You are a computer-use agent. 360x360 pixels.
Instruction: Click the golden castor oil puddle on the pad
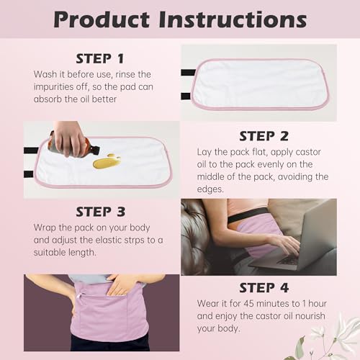click(107, 162)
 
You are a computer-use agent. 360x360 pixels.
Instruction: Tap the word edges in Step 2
click(213, 189)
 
